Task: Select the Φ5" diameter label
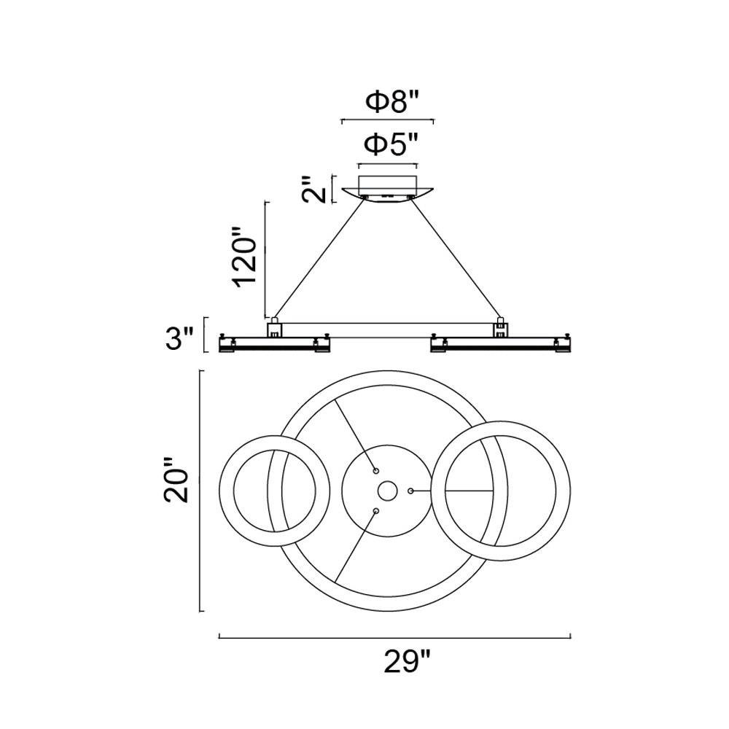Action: [x=391, y=145]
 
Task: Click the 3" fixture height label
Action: [x=179, y=338]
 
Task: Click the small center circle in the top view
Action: [x=387, y=491]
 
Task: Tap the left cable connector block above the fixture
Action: [x=275, y=328]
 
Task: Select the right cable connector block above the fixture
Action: [x=500, y=328]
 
